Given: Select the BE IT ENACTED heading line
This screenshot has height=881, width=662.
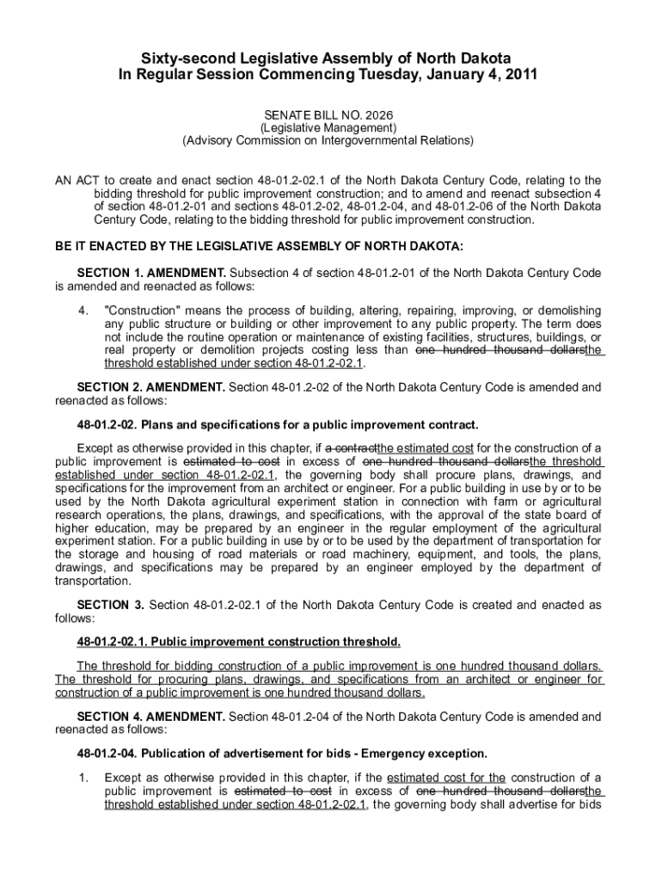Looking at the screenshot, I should tap(259, 247).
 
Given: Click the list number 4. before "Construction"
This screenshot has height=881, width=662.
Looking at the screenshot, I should tap(83, 310).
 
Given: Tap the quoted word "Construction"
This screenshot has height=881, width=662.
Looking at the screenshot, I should tap(143, 310).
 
